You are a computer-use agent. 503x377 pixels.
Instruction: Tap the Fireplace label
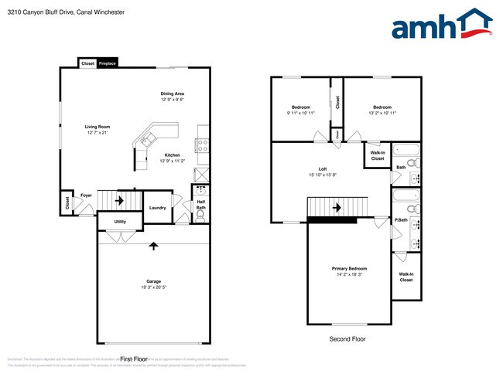pyautogui.click(x=107, y=63)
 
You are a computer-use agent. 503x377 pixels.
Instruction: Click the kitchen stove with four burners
pyautogui.click(x=203, y=143)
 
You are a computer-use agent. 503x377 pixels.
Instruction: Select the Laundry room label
pyautogui.click(x=158, y=208)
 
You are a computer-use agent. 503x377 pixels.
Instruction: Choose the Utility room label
pyautogui.click(x=120, y=222)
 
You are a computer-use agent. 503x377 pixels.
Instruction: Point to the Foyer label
pyautogui.click(x=87, y=195)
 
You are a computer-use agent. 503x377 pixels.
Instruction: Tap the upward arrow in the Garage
pyautogui.click(x=153, y=246)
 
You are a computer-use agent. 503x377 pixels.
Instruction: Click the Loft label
pyautogui.click(x=323, y=169)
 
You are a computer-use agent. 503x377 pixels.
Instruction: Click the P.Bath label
pyautogui.click(x=402, y=220)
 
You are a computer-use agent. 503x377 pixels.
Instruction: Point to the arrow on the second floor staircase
pyautogui.click(x=337, y=207)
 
